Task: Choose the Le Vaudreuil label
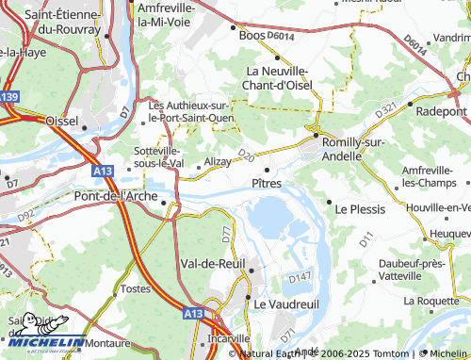pyautogui.click(x=289, y=303)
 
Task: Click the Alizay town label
pyautogui.click(x=218, y=162)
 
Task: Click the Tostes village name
pyautogui.click(x=137, y=288)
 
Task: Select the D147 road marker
pyautogui.click(x=300, y=276)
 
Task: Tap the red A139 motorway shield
pyautogui.click(x=8, y=97)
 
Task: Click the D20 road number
pyautogui.click(x=247, y=153)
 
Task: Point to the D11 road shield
pyautogui.click(x=365, y=242)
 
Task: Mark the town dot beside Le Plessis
pyautogui.click(x=329, y=202)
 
